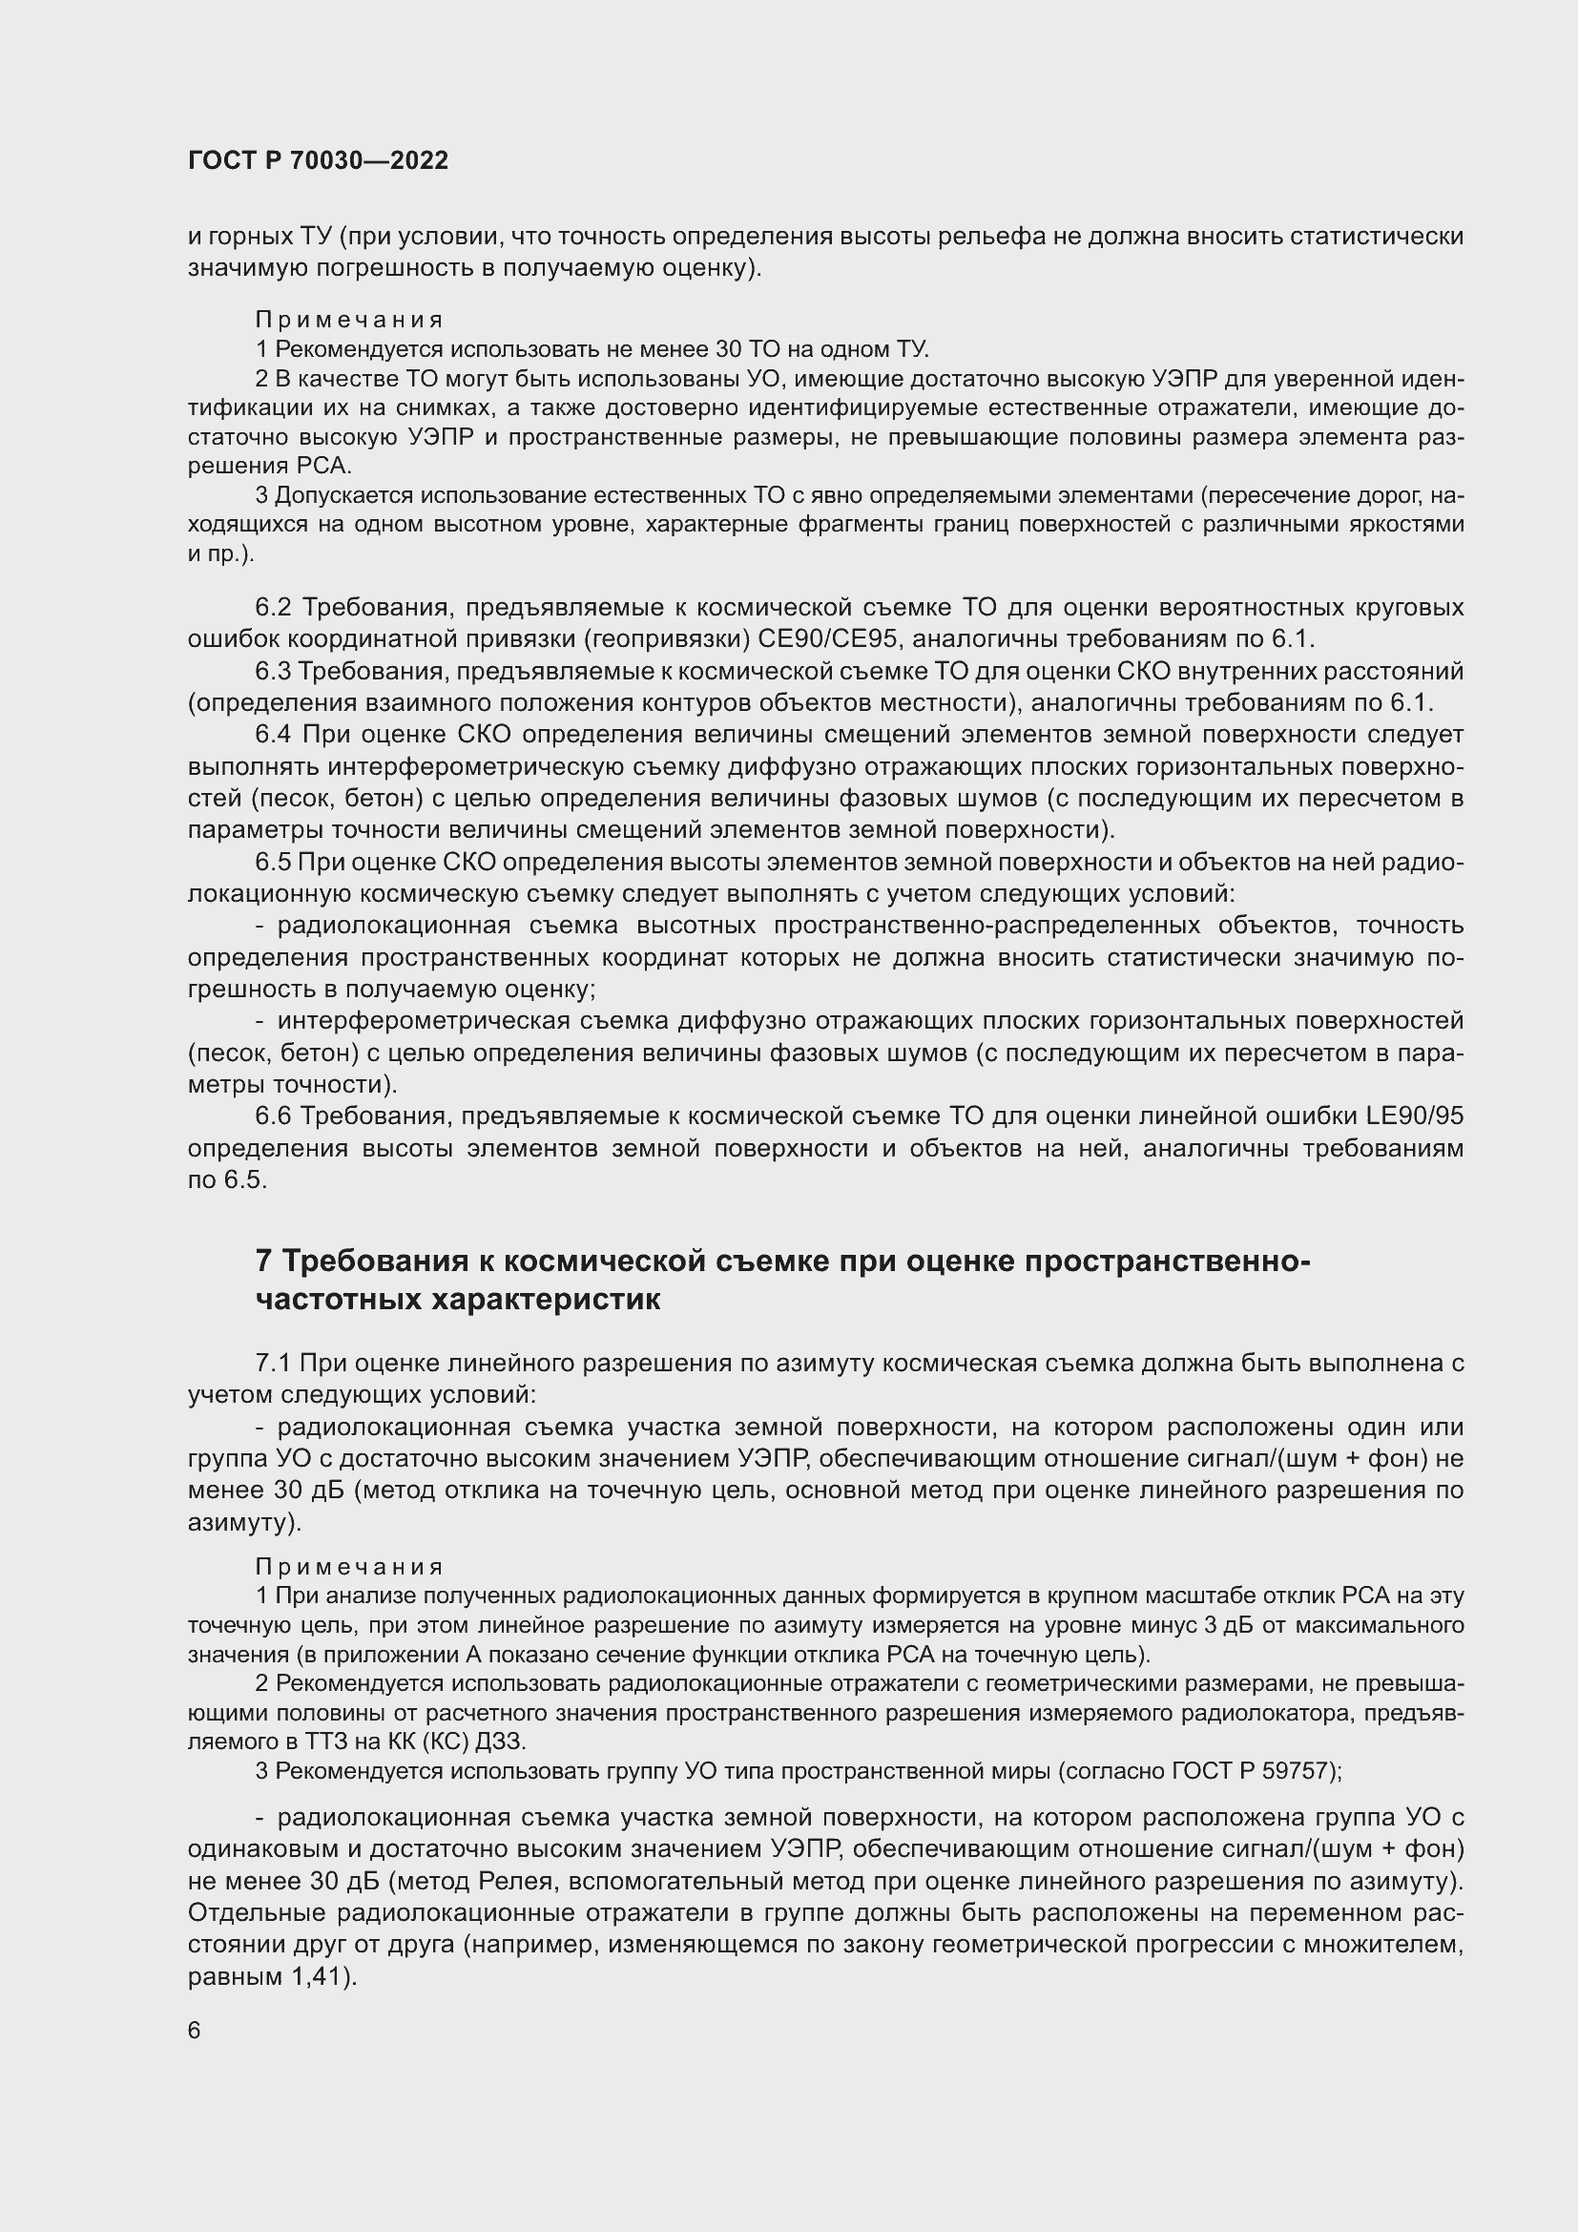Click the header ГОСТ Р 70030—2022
318,161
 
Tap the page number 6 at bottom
195,2031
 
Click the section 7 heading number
263,1261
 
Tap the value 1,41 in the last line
321,1977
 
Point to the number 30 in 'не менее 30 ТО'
728,349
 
